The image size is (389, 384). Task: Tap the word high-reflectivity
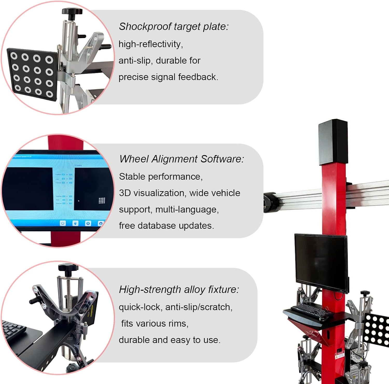pyautogui.click(x=150, y=44)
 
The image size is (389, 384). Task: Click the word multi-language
pyautogui.click(x=187, y=209)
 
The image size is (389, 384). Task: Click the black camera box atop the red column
pyautogui.click(x=333, y=142)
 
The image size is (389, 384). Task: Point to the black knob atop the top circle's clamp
pyautogui.click(x=72, y=12)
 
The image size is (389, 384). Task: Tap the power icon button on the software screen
pyautogui.click(x=62, y=223)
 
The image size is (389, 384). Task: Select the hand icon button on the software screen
pyautogui.click(x=75, y=223)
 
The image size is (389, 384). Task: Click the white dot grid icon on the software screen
pyautogui.click(x=102, y=200)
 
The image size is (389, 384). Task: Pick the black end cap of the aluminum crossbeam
pyautogui.click(x=269, y=202)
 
